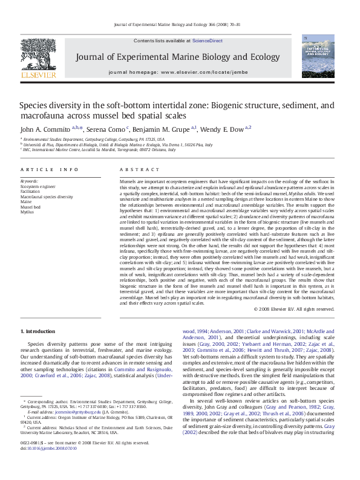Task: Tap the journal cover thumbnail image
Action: click(318, 56)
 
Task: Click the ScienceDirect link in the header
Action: click(207, 41)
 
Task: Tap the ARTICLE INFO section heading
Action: click(49, 170)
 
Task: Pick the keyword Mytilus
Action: click(27, 212)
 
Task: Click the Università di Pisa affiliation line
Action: click(118, 145)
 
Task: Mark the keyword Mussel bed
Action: click(31, 207)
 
